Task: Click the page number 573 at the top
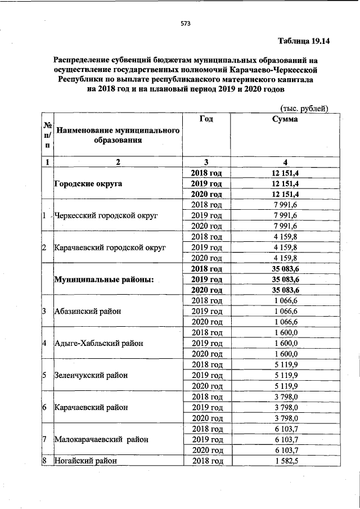click(186, 24)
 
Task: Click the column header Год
click(206, 119)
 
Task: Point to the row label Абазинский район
click(87, 311)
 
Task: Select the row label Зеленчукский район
click(90, 375)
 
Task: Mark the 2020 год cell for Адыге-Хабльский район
click(206, 354)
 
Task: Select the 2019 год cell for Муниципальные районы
click(206, 279)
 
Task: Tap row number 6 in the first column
click(44, 407)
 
